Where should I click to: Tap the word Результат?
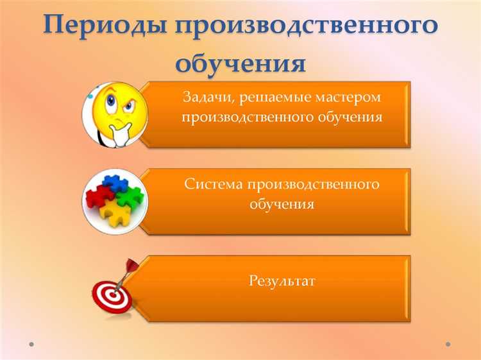point(282,280)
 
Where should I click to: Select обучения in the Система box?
point(282,205)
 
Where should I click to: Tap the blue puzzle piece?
point(115,183)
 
